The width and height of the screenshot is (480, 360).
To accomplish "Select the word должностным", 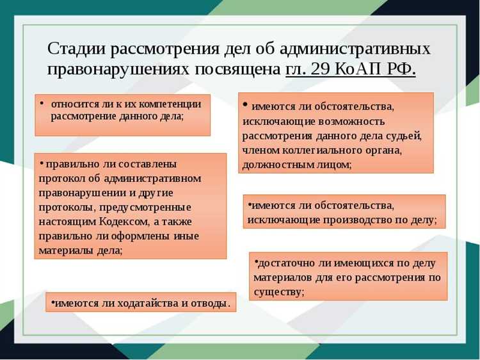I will pos(276,165).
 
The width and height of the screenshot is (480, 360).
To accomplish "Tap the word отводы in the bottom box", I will pos(208,302).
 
